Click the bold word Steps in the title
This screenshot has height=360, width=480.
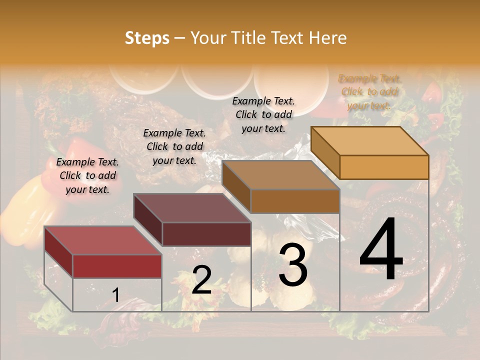(147, 38)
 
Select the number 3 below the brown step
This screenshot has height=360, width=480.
(293, 265)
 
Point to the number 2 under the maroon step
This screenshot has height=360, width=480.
(201, 280)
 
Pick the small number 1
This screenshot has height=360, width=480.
(116, 295)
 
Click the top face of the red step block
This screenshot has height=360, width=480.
(103, 240)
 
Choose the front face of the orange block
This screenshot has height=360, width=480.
(384, 167)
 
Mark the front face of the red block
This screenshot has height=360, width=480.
(117, 266)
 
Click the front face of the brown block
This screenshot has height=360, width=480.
(295, 201)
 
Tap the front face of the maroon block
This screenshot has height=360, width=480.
(206, 234)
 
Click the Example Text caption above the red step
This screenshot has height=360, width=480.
(87, 175)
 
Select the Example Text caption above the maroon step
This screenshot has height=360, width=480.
(174, 146)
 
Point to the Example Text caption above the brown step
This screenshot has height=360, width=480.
(263, 114)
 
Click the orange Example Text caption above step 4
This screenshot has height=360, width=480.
(369, 92)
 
